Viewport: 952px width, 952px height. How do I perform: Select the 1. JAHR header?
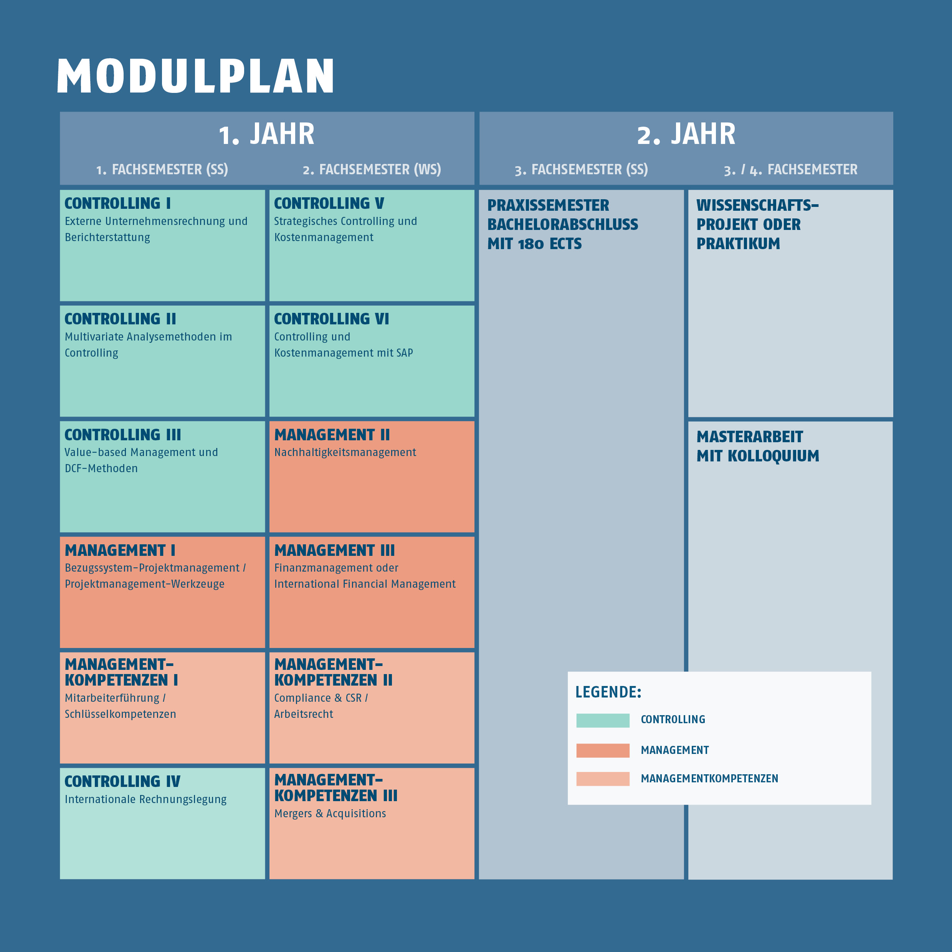coord(266,134)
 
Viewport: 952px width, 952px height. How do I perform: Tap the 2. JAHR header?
coord(686,134)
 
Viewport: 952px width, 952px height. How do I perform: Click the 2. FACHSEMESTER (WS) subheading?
coord(372,170)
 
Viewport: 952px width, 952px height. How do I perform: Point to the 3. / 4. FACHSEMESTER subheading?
coord(790,170)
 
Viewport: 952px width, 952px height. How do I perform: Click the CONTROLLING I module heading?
coord(118,203)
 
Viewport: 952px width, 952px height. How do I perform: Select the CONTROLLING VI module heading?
coord(331,319)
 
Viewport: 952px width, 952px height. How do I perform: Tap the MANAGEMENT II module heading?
coord(332,435)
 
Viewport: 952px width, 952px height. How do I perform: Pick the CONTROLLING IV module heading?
coord(122,782)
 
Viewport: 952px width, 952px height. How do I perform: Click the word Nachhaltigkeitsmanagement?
coord(345,452)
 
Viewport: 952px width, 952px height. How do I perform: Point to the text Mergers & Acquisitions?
coord(330,813)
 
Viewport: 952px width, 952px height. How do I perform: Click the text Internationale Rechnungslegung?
coord(145,799)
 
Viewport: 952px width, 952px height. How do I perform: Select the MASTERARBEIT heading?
coord(749,436)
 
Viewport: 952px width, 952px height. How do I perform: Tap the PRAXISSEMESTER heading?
coord(548,205)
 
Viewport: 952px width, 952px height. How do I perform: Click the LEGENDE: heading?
coord(608,692)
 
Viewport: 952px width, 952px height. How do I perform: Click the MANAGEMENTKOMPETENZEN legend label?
coord(709,778)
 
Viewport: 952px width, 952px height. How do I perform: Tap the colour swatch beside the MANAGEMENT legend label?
coord(603,750)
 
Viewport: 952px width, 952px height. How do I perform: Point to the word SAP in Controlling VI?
coord(405,353)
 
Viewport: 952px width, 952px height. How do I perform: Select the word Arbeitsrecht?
coord(304,714)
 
